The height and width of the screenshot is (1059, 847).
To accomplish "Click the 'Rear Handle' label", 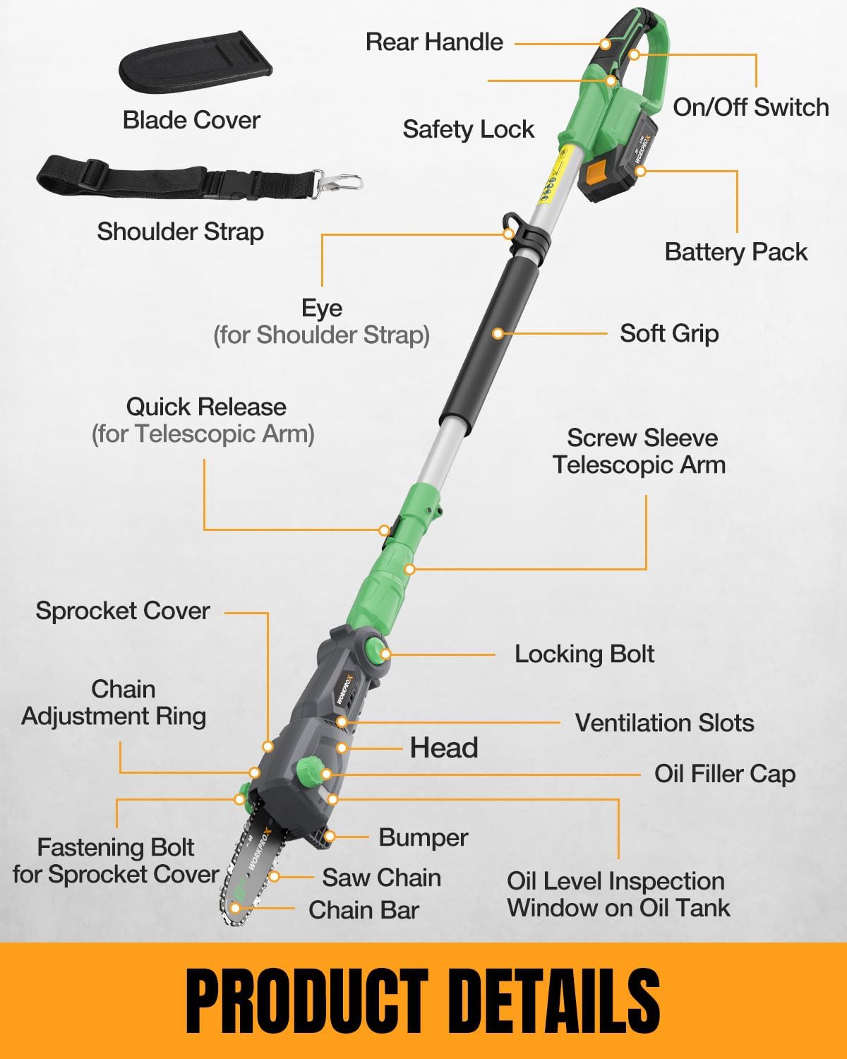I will pos(434,42).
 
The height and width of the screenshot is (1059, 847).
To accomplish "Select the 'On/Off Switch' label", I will pos(750,107).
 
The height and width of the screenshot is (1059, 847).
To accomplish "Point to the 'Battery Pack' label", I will pos(735,252).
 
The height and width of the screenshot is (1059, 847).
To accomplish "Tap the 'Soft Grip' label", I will pos(669,333).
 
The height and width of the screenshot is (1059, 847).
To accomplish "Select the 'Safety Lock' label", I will pos(468,129).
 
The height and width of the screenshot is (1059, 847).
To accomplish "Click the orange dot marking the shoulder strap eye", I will pos(508,234).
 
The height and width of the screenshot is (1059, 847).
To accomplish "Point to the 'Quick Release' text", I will pos(205,407).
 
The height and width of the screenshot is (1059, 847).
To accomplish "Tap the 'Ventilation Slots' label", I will pos(664,723).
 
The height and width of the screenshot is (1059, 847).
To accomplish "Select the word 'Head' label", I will pos(444,748).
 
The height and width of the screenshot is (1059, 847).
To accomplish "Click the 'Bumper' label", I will pos(423,837).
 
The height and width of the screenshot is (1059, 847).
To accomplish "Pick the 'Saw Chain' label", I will pos(381,878).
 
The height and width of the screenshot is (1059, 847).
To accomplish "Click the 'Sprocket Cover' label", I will pos(123,611).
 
